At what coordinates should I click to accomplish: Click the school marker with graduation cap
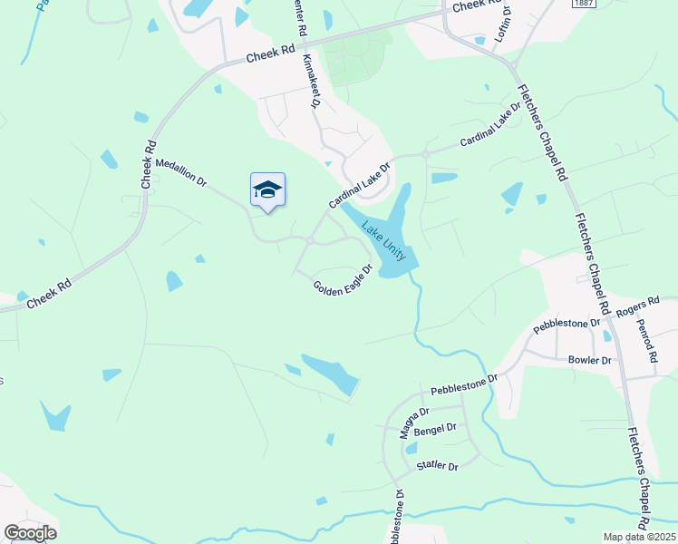tap(267, 190)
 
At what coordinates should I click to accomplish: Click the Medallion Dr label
tap(181, 172)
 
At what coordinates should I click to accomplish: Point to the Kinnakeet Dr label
tap(312, 82)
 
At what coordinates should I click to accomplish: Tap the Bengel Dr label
tap(436, 427)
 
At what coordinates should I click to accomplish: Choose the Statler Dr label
tap(438, 466)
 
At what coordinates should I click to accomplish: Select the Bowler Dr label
tap(589, 360)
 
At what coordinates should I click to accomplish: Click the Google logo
tap(30, 533)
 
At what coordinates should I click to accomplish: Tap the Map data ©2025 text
tap(639, 537)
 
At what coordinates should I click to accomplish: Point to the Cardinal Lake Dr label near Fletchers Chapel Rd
tap(491, 125)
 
